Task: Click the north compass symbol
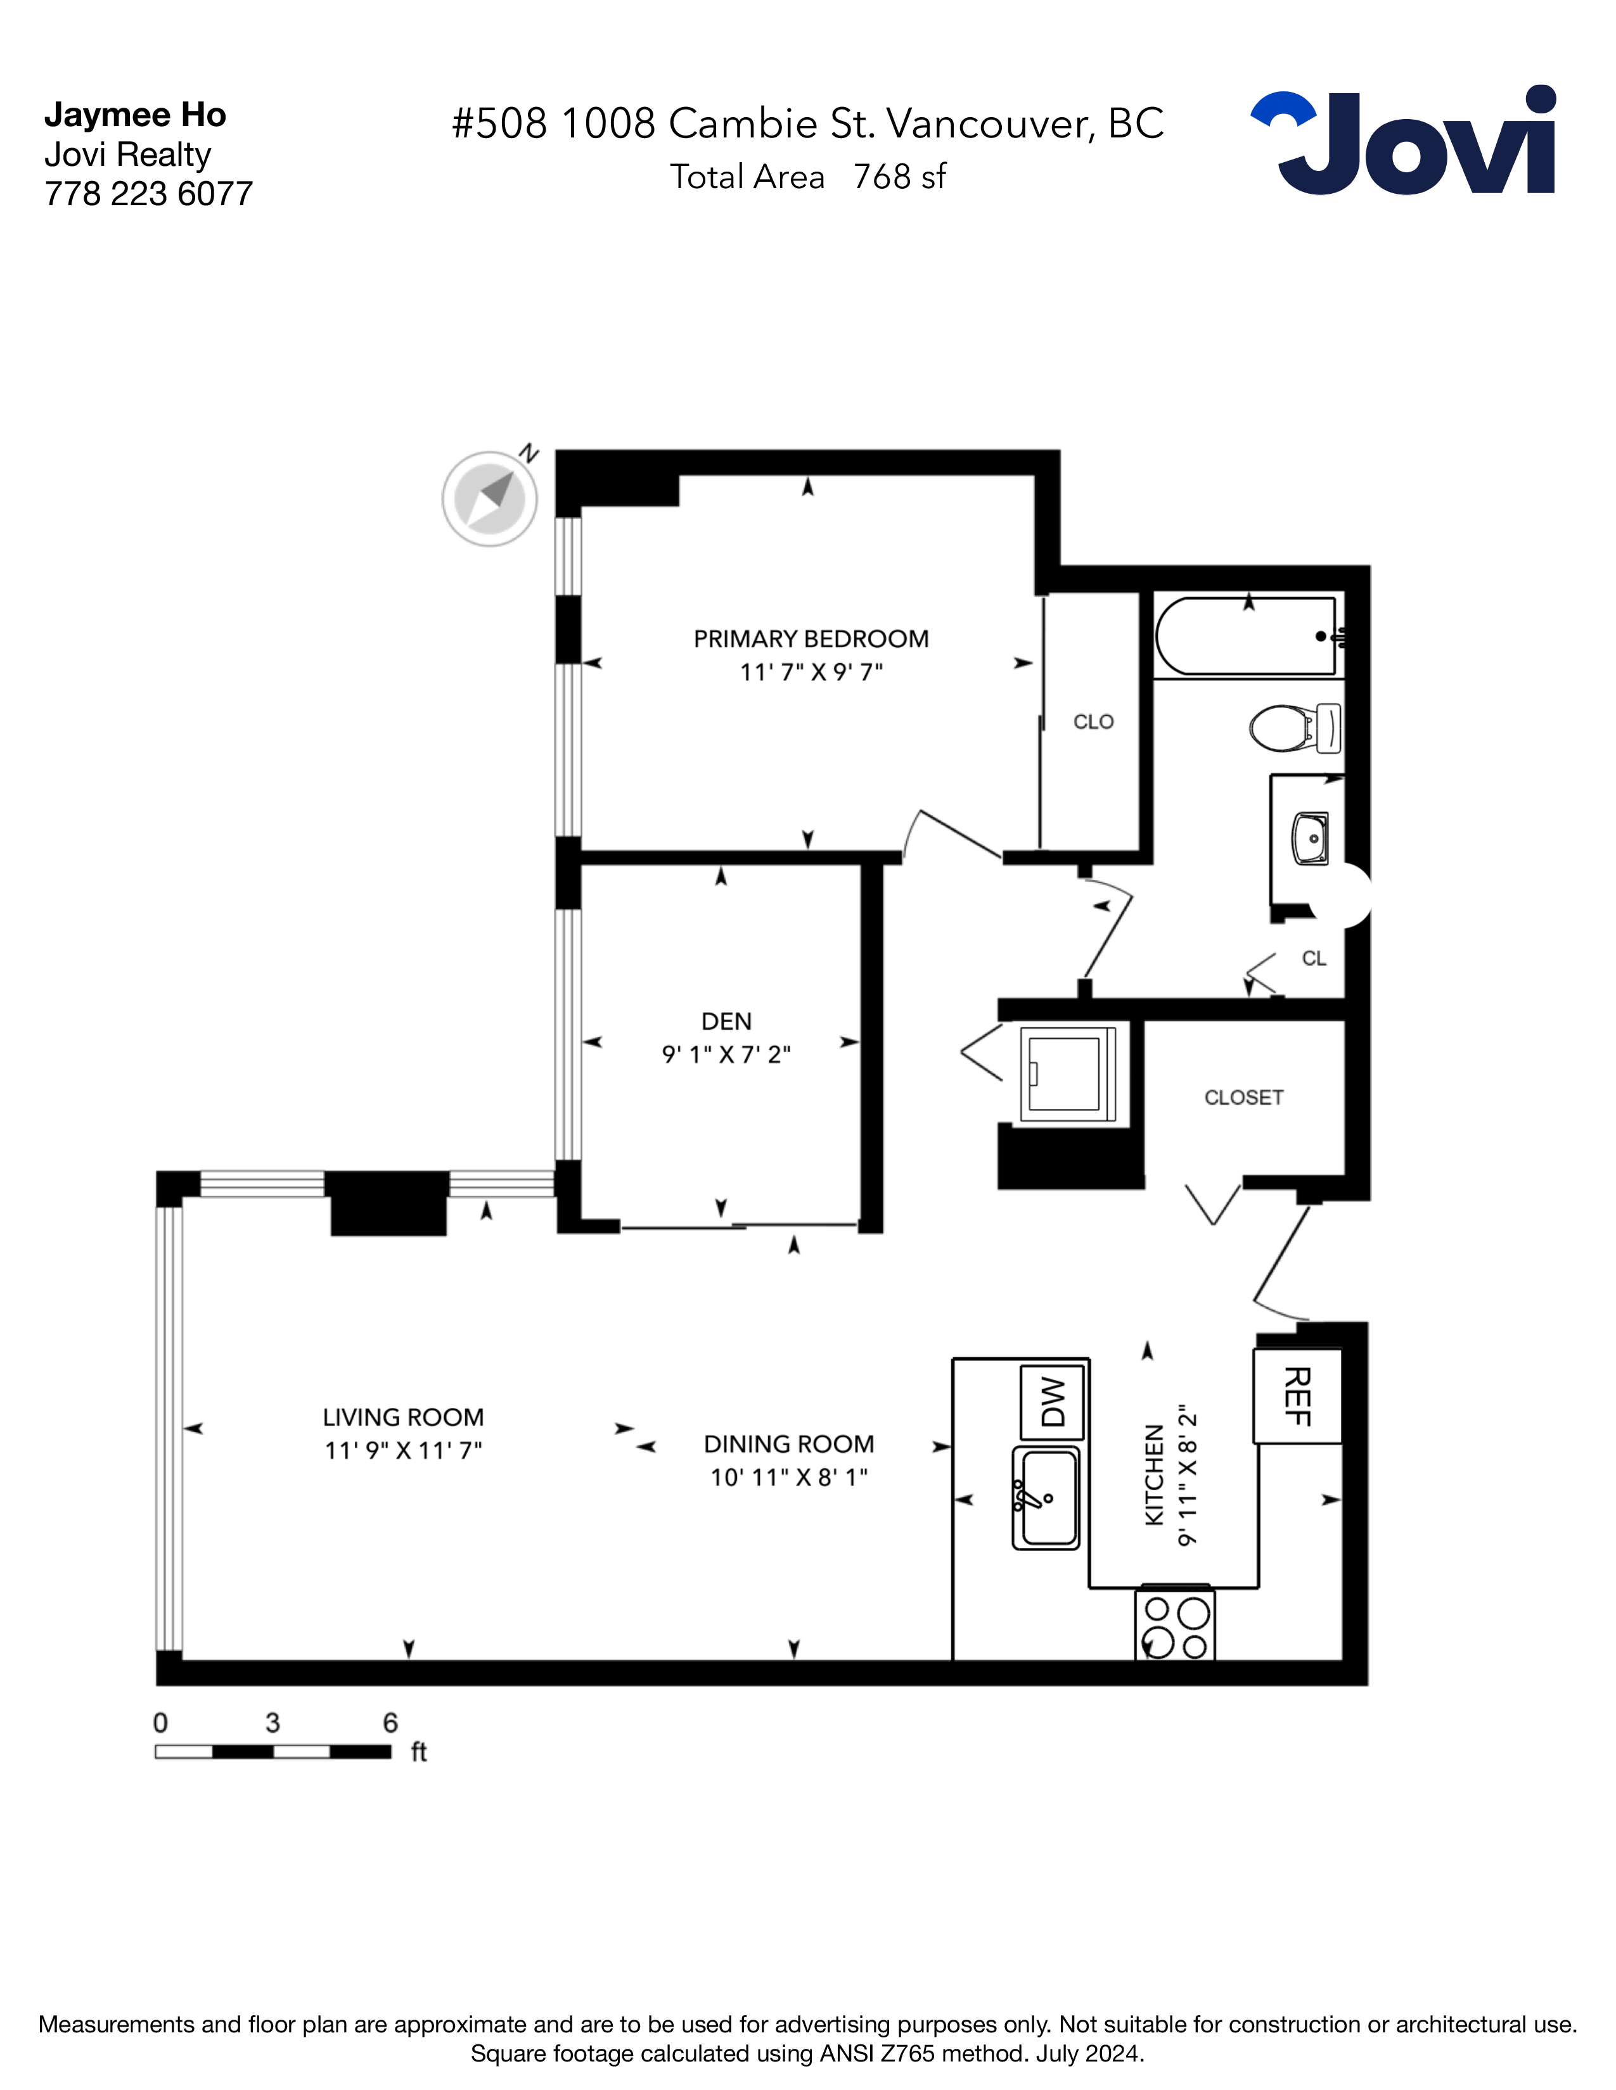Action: tap(490, 498)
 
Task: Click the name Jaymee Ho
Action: tap(135, 115)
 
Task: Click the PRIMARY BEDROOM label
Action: tap(811, 638)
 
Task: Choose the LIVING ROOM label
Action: tap(403, 1417)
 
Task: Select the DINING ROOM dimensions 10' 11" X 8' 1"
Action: tap(789, 1476)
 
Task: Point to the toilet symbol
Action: tap(1294, 728)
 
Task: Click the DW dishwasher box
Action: tap(1052, 1402)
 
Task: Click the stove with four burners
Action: tap(1175, 1625)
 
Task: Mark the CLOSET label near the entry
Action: tap(1243, 1098)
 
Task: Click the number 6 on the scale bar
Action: tap(390, 1723)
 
